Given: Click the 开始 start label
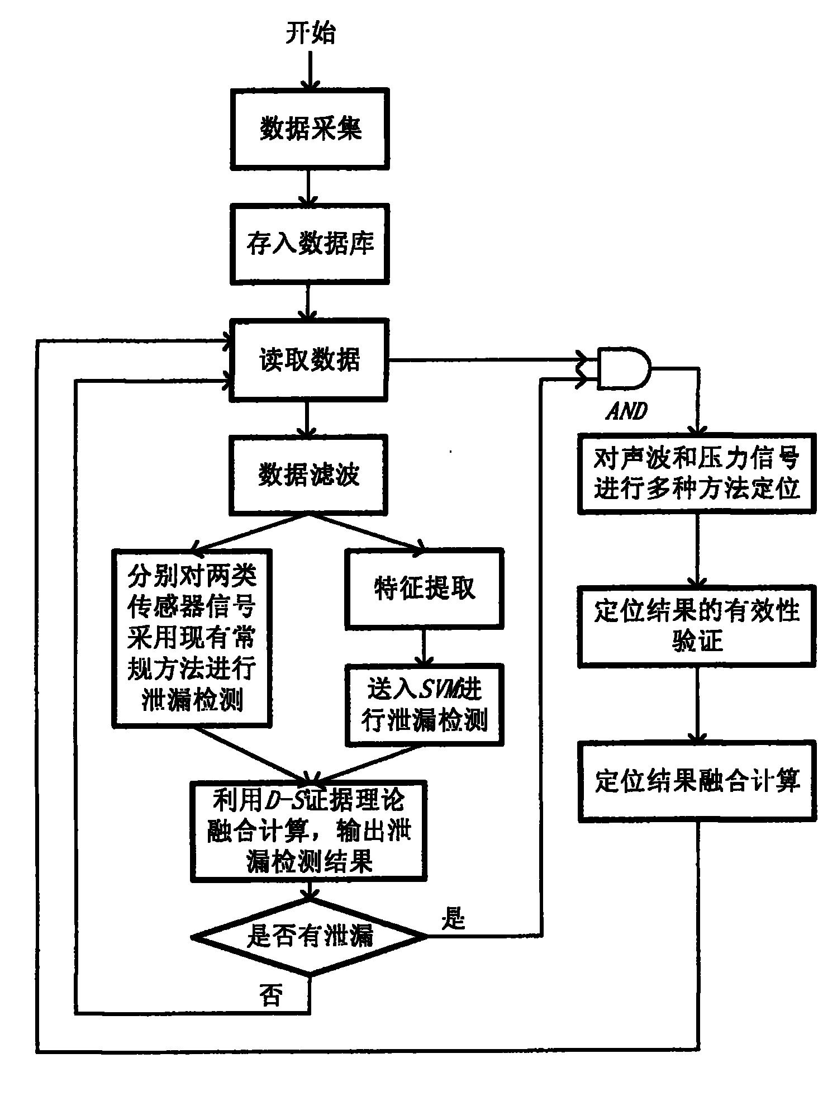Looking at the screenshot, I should (311, 34).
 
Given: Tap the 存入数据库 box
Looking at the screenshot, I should (310, 244).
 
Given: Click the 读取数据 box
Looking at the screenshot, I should (310, 360).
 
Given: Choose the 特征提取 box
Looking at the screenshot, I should (424, 589).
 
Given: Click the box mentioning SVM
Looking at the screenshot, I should (424, 705).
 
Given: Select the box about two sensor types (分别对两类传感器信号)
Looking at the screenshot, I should (192, 638).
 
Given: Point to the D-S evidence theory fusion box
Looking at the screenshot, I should (309, 831).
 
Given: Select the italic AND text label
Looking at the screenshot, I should (626, 412).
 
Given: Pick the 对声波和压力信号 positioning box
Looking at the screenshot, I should (697, 475).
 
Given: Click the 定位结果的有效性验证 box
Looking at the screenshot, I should (697, 626).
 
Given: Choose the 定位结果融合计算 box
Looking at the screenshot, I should (697, 781).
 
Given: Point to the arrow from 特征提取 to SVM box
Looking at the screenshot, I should (424, 646).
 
